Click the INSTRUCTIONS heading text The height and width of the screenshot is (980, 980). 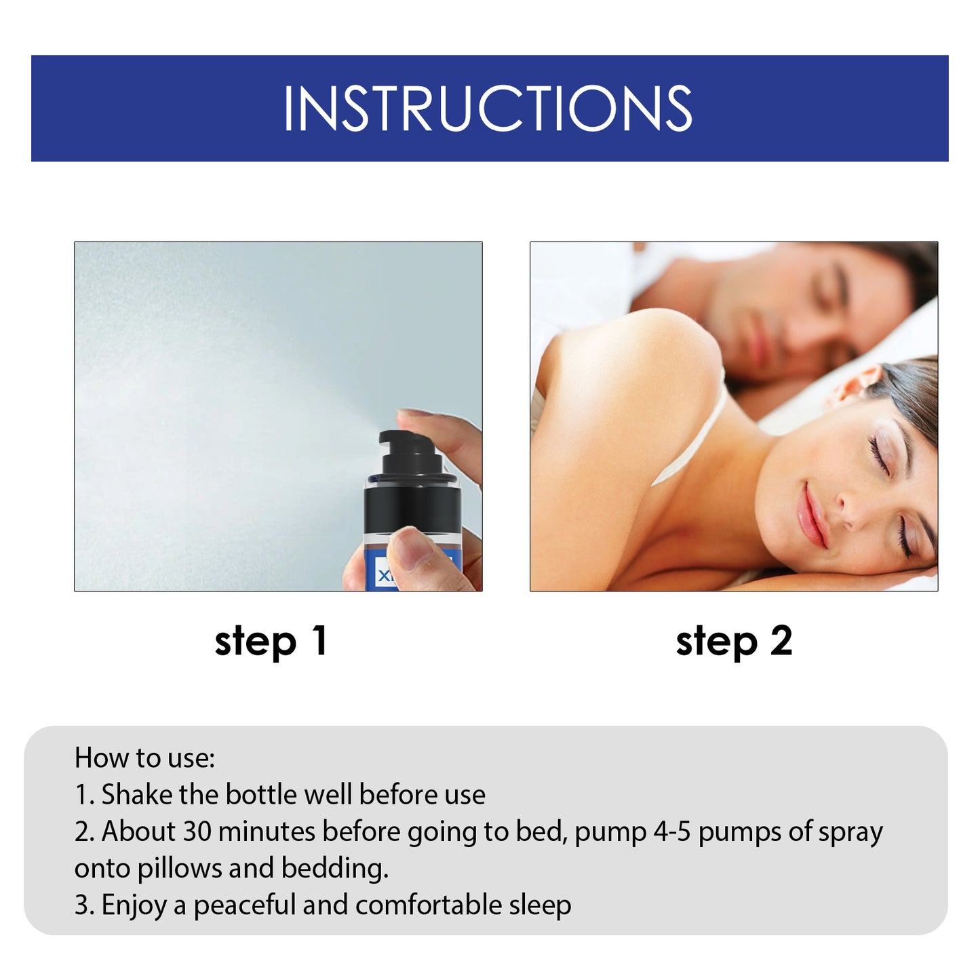coord(488,109)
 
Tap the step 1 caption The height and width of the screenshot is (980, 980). coord(271,642)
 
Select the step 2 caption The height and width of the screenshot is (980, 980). coord(734,642)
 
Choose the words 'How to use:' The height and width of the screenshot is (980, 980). coord(144,758)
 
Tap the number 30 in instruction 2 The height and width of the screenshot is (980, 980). coord(197,831)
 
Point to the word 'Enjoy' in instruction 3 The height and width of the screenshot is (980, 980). coord(134,906)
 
